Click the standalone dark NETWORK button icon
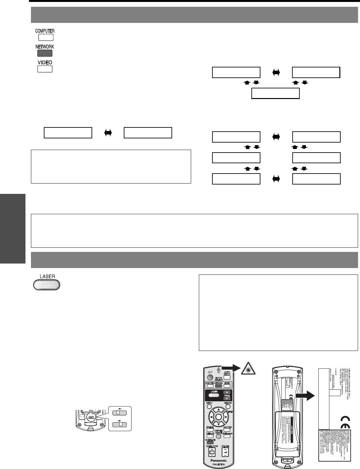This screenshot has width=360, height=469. (x=45, y=53)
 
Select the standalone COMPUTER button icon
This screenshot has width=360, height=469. (x=45, y=37)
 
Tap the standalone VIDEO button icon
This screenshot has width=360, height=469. (x=45, y=69)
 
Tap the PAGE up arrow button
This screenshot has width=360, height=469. (x=228, y=392)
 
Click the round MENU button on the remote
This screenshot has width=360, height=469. (x=209, y=407)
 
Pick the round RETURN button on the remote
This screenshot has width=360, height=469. (x=228, y=407)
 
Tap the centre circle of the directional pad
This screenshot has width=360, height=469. (x=218, y=416)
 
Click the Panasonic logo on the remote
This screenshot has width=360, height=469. (x=218, y=461)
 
